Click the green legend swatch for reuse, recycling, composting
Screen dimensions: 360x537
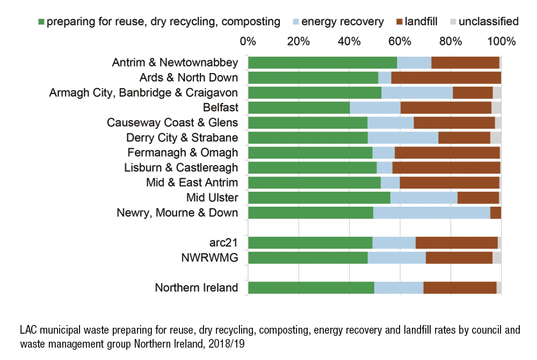click(x=41, y=22)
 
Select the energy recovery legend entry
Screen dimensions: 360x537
click(x=342, y=22)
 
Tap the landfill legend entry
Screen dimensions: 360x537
click(x=419, y=22)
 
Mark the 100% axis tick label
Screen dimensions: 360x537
click(x=500, y=41)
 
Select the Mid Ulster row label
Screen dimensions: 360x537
click(x=212, y=198)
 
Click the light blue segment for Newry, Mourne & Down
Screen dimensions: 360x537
click(x=431, y=213)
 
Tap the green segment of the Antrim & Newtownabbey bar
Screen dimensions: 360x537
click(x=322, y=62)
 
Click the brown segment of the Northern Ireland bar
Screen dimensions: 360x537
click(x=460, y=288)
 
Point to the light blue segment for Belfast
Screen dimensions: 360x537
click(x=375, y=107)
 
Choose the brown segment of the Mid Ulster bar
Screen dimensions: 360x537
click(x=478, y=198)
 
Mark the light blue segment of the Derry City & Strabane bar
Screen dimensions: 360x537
click(x=403, y=138)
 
